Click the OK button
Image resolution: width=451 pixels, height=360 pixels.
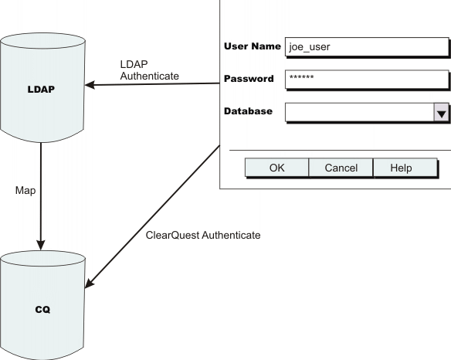point(276,168)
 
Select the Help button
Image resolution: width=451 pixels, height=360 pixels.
point(401,168)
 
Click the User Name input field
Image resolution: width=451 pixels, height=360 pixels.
point(366,46)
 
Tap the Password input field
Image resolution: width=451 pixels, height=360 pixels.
point(366,80)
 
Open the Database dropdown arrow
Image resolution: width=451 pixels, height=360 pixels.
point(441,113)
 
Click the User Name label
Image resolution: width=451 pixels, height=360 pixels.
point(252,46)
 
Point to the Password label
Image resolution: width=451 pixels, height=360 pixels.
point(249,79)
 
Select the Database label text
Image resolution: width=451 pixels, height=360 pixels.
point(248,111)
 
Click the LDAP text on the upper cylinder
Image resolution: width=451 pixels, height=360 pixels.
point(40,89)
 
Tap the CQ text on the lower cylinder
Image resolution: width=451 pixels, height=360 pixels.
point(42,309)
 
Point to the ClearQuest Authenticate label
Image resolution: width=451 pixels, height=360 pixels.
point(203,235)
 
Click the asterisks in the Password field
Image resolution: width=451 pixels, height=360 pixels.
point(301,80)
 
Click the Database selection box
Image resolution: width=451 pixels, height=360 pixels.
point(358,113)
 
